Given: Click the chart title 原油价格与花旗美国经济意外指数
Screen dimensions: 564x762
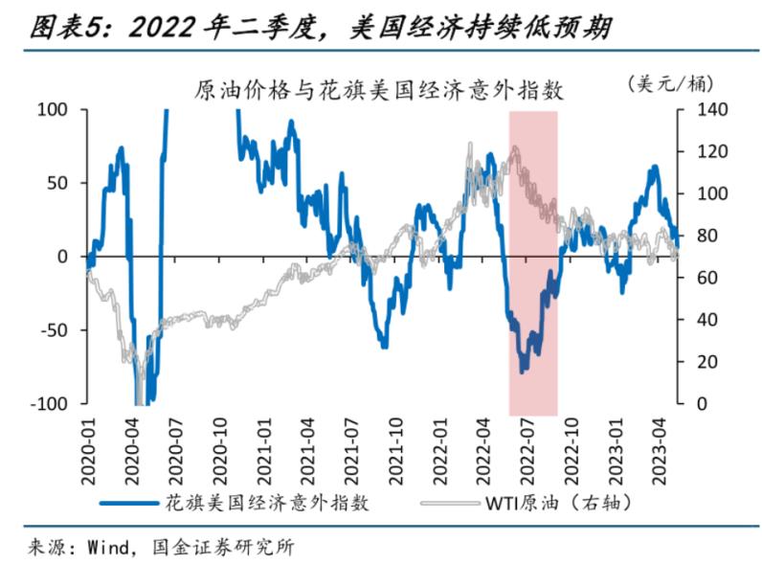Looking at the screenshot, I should pos(379,91).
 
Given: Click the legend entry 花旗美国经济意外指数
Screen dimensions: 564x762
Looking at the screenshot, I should pos(267,501).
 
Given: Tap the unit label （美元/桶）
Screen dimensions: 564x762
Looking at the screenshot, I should pos(674,83).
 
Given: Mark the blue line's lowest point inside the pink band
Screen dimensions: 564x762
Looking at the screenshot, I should pos(523,372).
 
